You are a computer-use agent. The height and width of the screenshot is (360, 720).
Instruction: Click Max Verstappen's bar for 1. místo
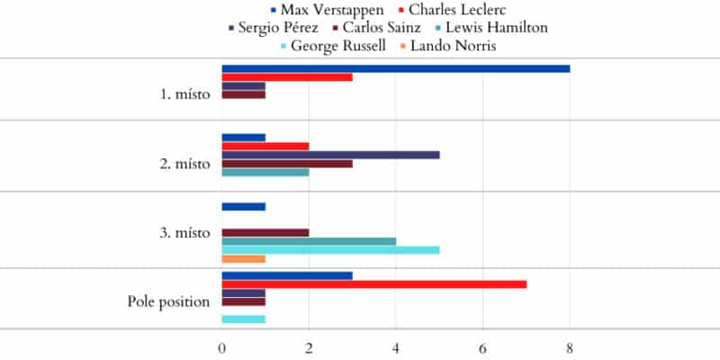click(396, 68)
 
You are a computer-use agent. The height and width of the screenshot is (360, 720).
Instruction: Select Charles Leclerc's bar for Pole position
click(374, 284)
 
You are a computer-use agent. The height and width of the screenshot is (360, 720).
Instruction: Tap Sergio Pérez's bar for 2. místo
click(330, 155)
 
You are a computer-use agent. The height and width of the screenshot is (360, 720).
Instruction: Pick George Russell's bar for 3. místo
click(330, 250)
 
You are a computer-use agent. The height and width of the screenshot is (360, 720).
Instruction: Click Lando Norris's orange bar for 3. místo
click(243, 259)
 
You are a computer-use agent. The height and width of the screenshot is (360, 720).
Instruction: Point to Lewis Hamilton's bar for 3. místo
click(309, 241)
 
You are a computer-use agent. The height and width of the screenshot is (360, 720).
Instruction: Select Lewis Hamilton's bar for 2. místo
click(265, 172)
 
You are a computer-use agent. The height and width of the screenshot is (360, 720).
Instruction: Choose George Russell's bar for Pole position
click(243, 319)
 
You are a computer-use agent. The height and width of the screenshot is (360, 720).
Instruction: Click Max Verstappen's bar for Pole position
click(287, 275)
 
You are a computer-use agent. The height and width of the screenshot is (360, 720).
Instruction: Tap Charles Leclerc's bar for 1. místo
click(287, 77)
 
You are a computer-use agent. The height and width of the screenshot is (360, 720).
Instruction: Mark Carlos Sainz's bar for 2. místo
click(287, 164)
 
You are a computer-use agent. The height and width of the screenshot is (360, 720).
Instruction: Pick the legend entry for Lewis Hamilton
click(502, 27)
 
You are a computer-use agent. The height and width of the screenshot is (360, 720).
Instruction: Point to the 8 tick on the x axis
click(570, 346)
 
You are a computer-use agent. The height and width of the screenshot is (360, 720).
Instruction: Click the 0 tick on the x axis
click(222, 346)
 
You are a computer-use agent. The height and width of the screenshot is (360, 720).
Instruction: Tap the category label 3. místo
click(184, 233)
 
